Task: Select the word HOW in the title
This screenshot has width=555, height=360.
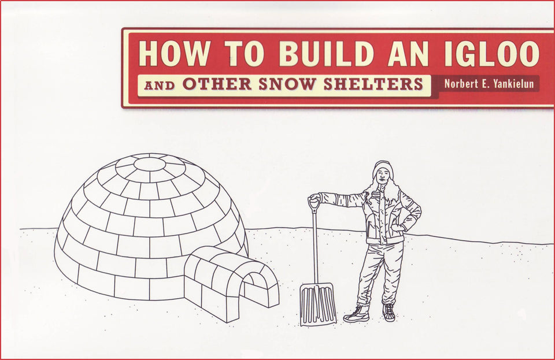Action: (174, 54)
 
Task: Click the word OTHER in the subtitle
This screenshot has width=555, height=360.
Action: (217, 84)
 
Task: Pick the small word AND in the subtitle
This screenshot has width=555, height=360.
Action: (160, 86)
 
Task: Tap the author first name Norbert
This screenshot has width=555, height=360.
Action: (457, 84)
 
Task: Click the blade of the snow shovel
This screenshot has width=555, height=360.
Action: (318, 304)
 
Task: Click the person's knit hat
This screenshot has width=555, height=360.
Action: (383, 168)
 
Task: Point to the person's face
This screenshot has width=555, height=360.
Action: (382, 176)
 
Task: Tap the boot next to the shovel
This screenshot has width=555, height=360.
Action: (357, 314)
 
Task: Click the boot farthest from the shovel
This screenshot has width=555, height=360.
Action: (388, 312)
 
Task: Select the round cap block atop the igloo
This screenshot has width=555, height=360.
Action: (149, 164)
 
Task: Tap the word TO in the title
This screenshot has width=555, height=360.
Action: (246, 54)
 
